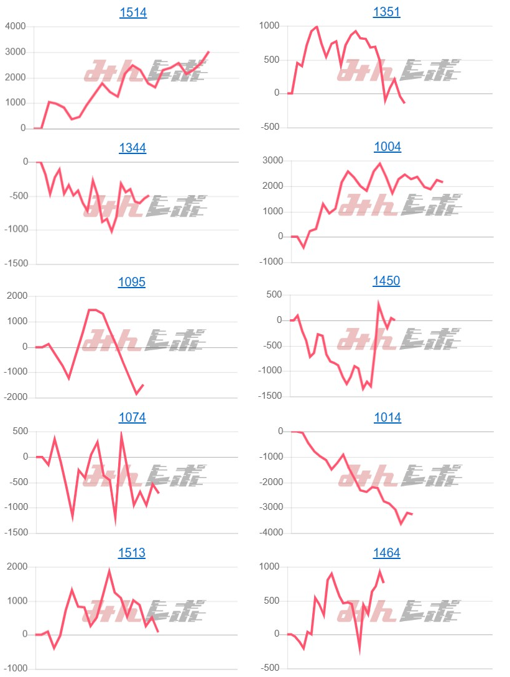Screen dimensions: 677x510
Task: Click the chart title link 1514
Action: (132, 12)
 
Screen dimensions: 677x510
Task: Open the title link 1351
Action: (386, 12)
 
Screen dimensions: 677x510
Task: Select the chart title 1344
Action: (132, 147)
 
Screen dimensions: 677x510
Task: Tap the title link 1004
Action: (387, 147)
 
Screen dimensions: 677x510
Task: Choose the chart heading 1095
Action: (132, 282)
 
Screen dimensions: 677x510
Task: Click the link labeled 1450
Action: (386, 281)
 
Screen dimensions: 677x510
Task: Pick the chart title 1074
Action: (132, 417)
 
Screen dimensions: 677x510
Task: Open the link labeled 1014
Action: (387, 417)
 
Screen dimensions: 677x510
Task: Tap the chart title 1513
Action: (132, 553)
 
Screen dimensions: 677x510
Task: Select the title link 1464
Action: (386, 553)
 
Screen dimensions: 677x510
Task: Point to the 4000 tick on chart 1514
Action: (15, 26)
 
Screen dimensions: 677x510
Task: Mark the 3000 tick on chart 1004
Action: (272, 161)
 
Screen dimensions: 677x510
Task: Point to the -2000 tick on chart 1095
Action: (16, 398)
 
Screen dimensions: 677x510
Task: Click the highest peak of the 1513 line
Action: (109, 570)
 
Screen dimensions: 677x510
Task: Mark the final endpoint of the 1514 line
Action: (209, 52)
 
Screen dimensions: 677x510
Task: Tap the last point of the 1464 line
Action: (384, 582)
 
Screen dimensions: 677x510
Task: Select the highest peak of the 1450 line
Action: (378, 304)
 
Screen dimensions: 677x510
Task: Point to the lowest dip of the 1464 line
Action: (359, 652)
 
